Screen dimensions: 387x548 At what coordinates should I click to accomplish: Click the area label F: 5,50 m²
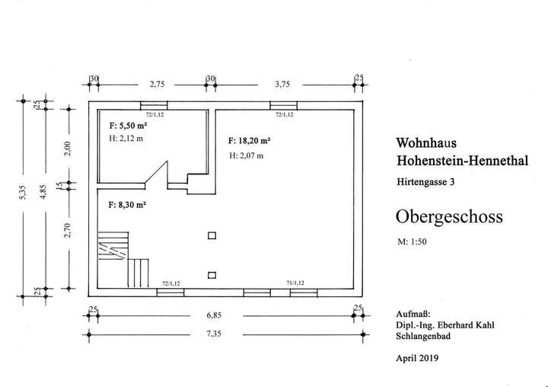click(128, 124)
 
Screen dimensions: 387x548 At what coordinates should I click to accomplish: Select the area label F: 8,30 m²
click(128, 205)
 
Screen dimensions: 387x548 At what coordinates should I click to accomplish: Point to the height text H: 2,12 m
click(128, 138)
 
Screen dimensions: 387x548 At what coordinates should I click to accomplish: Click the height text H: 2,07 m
click(247, 155)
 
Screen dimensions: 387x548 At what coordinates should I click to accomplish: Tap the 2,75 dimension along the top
click(158, 85)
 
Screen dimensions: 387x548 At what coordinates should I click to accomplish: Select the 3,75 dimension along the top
click(283, 85)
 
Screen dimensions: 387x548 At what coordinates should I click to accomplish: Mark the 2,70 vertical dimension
click(68, 229)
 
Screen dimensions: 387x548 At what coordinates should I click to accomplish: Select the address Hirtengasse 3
click(426, 182)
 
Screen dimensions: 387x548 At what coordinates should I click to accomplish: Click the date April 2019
click(418, 357)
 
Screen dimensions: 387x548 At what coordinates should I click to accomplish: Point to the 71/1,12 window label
click(297, 283)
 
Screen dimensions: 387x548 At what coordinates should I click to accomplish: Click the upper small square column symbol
click(212, 235)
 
